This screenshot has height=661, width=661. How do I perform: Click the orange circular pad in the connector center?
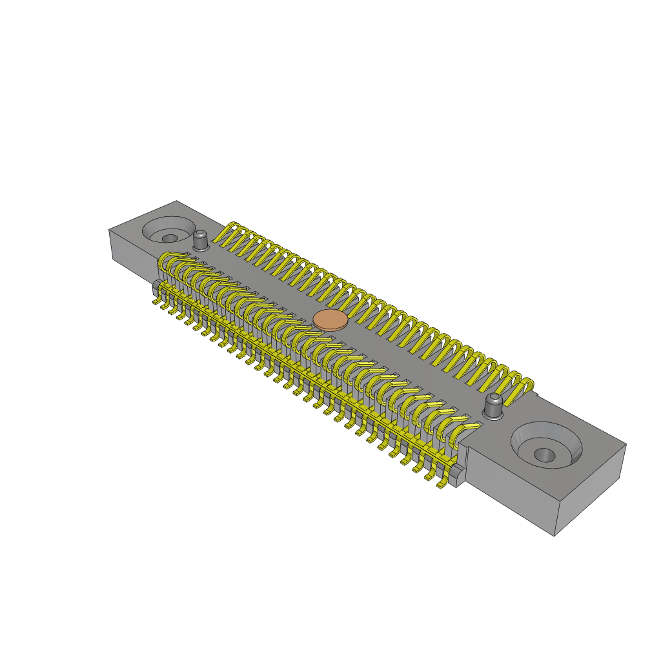coord(330,320)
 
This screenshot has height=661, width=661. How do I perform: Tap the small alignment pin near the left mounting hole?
coord(201,240)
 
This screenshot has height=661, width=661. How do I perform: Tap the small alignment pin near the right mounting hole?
coord(493,405)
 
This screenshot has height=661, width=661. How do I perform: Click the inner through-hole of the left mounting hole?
coord(169,238)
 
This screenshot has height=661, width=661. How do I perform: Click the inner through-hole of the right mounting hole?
coord(544,455)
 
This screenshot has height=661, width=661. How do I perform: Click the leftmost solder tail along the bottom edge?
coord(157,301)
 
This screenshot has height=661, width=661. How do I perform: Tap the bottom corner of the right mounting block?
coord(554,535)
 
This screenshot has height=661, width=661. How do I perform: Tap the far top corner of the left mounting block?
coord(177,201)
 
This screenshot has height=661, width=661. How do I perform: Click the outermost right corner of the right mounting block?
coord(625,444)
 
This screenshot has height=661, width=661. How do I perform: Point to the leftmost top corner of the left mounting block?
coord(109,230)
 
